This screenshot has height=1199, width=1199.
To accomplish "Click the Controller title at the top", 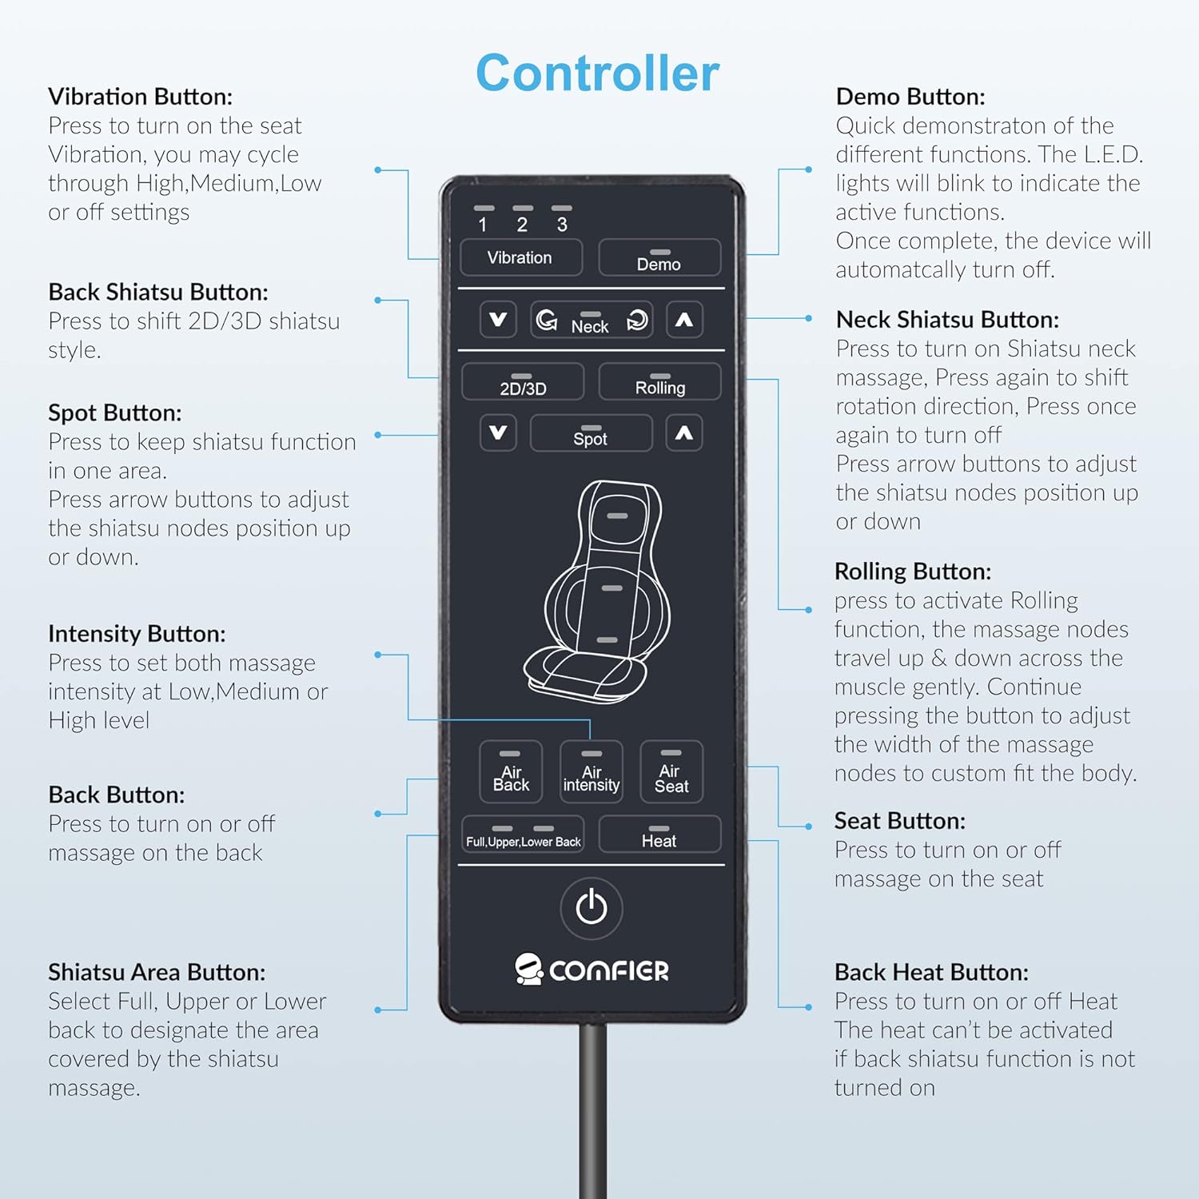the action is [597, 74].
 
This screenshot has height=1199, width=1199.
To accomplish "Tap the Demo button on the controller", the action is [659, 257].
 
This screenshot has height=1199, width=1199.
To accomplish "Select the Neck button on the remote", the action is [592, 321].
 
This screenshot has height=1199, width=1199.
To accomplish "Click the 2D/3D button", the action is [523, 382].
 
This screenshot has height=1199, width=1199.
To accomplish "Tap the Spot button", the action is [592, 433].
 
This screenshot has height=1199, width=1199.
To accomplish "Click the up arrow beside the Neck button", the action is [684, 321].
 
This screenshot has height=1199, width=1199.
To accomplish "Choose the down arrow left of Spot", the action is [498, 433].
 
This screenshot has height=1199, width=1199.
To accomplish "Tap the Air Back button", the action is [511, 771].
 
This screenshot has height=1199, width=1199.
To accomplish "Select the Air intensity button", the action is [592, 771].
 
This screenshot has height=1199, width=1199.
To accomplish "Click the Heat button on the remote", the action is [659, 835].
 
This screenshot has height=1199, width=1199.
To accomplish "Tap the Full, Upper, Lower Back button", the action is [523, 835].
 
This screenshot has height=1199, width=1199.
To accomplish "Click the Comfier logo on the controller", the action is [592, 969].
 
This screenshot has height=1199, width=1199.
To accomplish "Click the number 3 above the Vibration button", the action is [562, 225].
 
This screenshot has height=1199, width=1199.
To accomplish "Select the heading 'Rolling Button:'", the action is [913, 572].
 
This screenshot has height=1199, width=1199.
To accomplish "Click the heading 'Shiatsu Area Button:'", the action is [157, 972].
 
